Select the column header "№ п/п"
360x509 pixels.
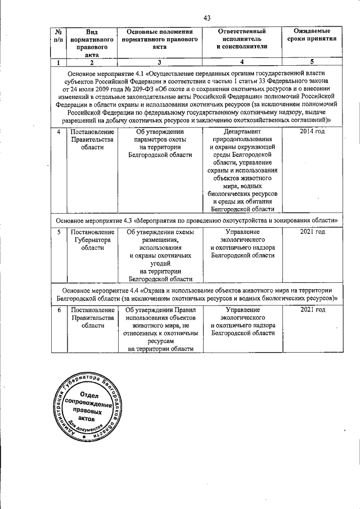tap(58, 35)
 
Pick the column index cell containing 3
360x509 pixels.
tap(159, 62)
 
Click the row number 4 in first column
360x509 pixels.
tap(58, 132)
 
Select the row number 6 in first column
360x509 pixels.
tap(58, 310)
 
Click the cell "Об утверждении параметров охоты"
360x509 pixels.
tap(160, 143)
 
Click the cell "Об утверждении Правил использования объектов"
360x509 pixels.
tap(160, 328)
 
